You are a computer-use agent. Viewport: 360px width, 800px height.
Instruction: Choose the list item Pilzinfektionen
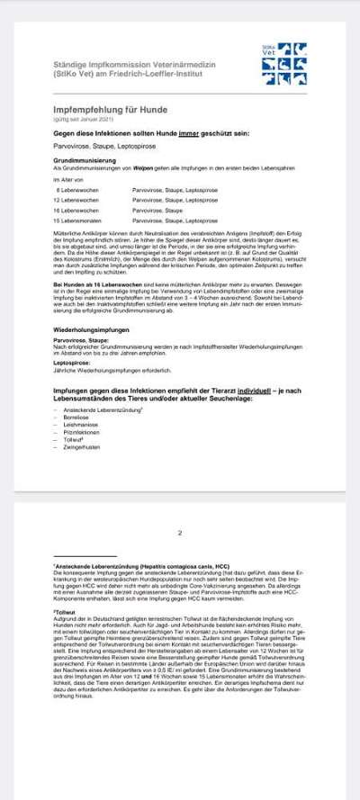81,410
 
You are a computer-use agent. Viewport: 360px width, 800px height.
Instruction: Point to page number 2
180,533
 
